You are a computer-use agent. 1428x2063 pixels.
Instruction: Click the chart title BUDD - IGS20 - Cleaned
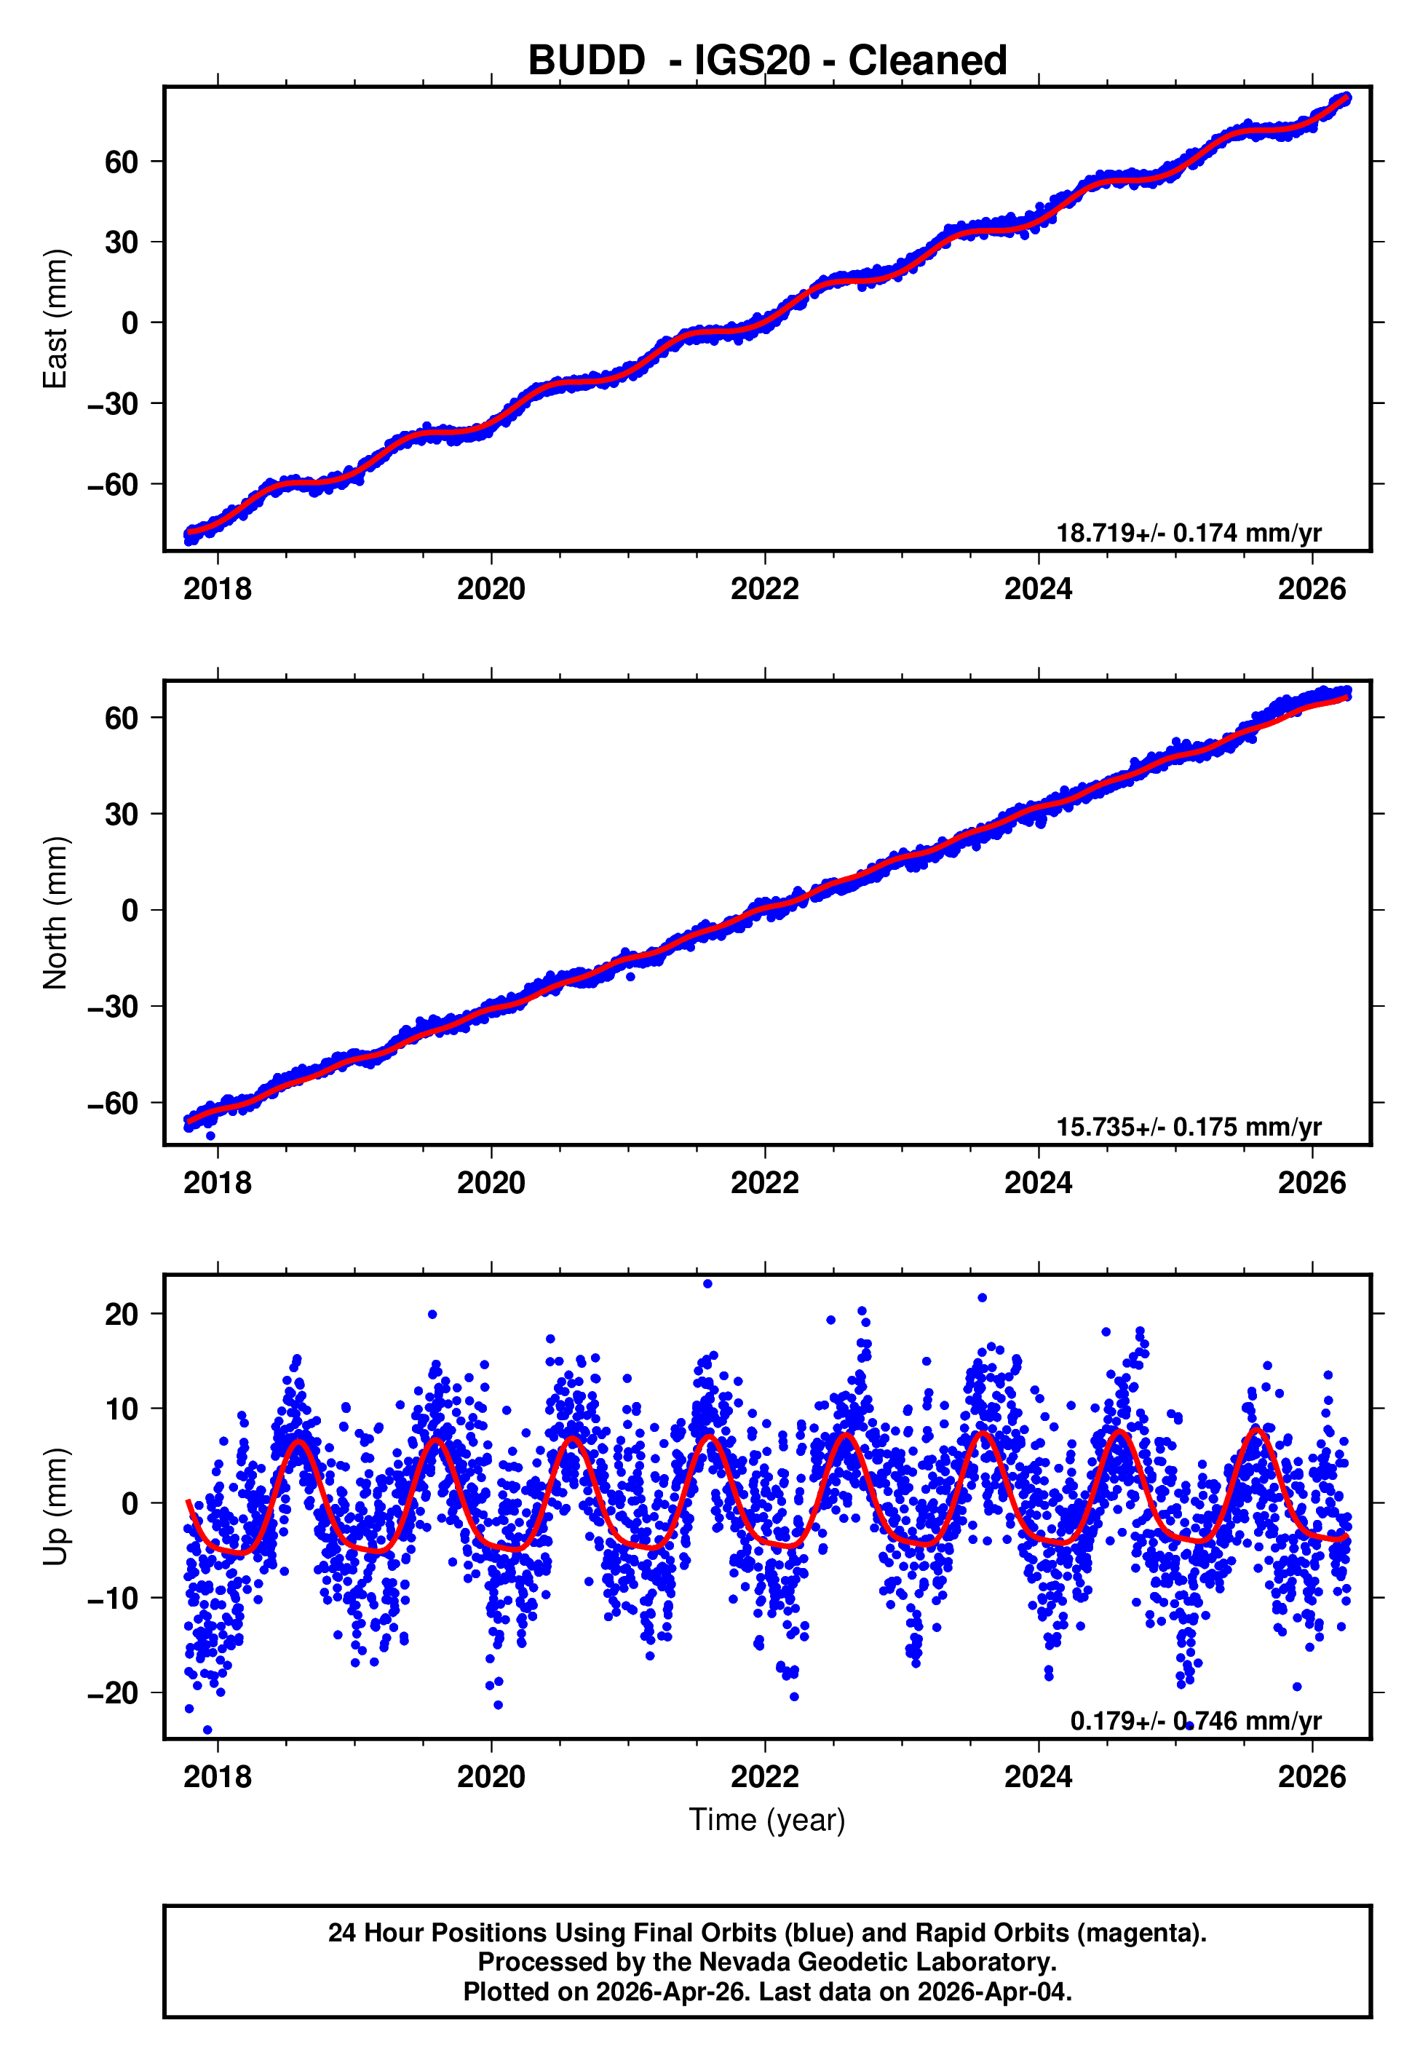click(767, 61)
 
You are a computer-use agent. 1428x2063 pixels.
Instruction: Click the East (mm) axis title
click(55, 319)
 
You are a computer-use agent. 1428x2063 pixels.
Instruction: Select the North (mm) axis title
click(55, 913)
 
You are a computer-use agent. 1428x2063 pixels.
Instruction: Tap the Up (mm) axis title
click(55, 1507)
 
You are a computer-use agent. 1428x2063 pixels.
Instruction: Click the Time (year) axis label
click(767, 1820)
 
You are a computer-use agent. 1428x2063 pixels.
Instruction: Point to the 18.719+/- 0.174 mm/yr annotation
click(1189, 533)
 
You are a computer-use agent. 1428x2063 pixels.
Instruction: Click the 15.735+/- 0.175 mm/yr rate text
click(1189, 1127)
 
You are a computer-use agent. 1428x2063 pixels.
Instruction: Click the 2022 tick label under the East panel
click(764, 590)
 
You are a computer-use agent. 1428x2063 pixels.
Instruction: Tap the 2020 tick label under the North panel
click(491, 1184)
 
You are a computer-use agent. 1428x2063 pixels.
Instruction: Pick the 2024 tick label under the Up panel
click(1038, 1777)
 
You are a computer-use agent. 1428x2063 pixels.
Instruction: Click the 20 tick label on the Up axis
click(121, 1314)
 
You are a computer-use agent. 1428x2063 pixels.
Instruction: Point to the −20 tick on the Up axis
click(113, 1693)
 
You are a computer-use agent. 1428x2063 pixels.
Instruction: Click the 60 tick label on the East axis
click(121, 162)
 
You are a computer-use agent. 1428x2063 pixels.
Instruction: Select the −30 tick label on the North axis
click(113, 1007)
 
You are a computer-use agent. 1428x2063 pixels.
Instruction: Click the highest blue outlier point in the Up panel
click(707, 1284)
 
